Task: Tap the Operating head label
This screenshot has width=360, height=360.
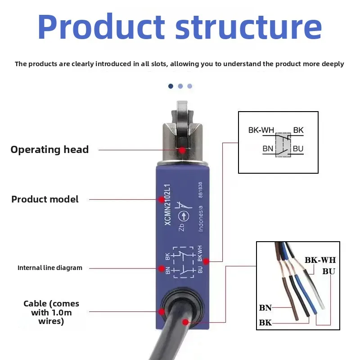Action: pos(49,150)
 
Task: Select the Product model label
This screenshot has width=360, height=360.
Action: pos(45,199)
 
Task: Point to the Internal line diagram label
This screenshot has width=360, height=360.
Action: pos(50,268)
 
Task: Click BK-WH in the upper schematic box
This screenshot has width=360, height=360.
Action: pos(261,130)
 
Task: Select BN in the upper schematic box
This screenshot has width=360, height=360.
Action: pos(268,148)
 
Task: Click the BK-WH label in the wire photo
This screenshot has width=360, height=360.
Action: pos(320,260)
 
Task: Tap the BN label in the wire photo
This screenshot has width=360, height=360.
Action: pos(265,308)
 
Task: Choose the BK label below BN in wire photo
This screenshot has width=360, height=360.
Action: pos(265,323)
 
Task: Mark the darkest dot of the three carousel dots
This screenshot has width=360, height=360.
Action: pos(171,86)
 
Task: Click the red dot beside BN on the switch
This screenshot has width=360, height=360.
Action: pos(161,269)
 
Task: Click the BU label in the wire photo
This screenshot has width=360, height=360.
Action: pos(328,271)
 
